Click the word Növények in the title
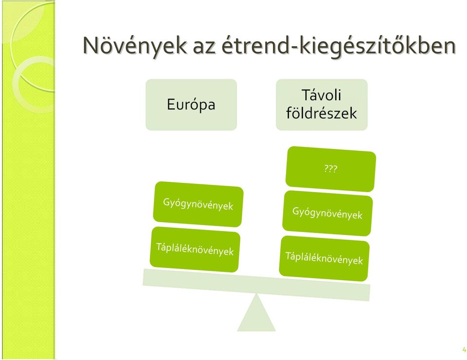[135, 46]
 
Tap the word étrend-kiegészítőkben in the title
[339, 46]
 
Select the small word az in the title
[204, 48]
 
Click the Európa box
[191, 105]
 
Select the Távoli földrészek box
[322, 105]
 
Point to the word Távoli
[322, 95]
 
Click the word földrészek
[322, 113]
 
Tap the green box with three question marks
[331, 169]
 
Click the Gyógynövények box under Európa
[198, 204]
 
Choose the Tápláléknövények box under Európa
[195, 249]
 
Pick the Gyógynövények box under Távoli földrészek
[327, 213]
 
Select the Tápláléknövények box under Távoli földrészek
[324, 258]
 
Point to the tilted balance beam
[256, 285]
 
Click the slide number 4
[464, 350]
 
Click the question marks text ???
[331, 169]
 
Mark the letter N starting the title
[91, 45]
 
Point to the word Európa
[191, 105]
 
